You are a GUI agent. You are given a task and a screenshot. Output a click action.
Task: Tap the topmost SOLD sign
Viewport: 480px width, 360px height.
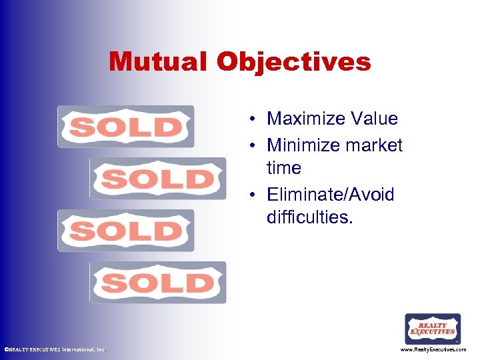[125, 127]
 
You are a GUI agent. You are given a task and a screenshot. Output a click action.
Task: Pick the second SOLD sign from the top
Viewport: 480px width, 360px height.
[158, 179]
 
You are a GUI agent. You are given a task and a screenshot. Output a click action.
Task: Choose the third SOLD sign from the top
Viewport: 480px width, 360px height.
[125, 231]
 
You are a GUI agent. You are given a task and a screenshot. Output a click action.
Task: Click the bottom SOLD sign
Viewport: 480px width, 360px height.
[158, 283]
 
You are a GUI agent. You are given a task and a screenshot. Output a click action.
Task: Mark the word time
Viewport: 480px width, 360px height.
[283, 169]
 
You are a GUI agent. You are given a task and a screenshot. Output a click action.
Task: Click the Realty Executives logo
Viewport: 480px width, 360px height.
[433, 329]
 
